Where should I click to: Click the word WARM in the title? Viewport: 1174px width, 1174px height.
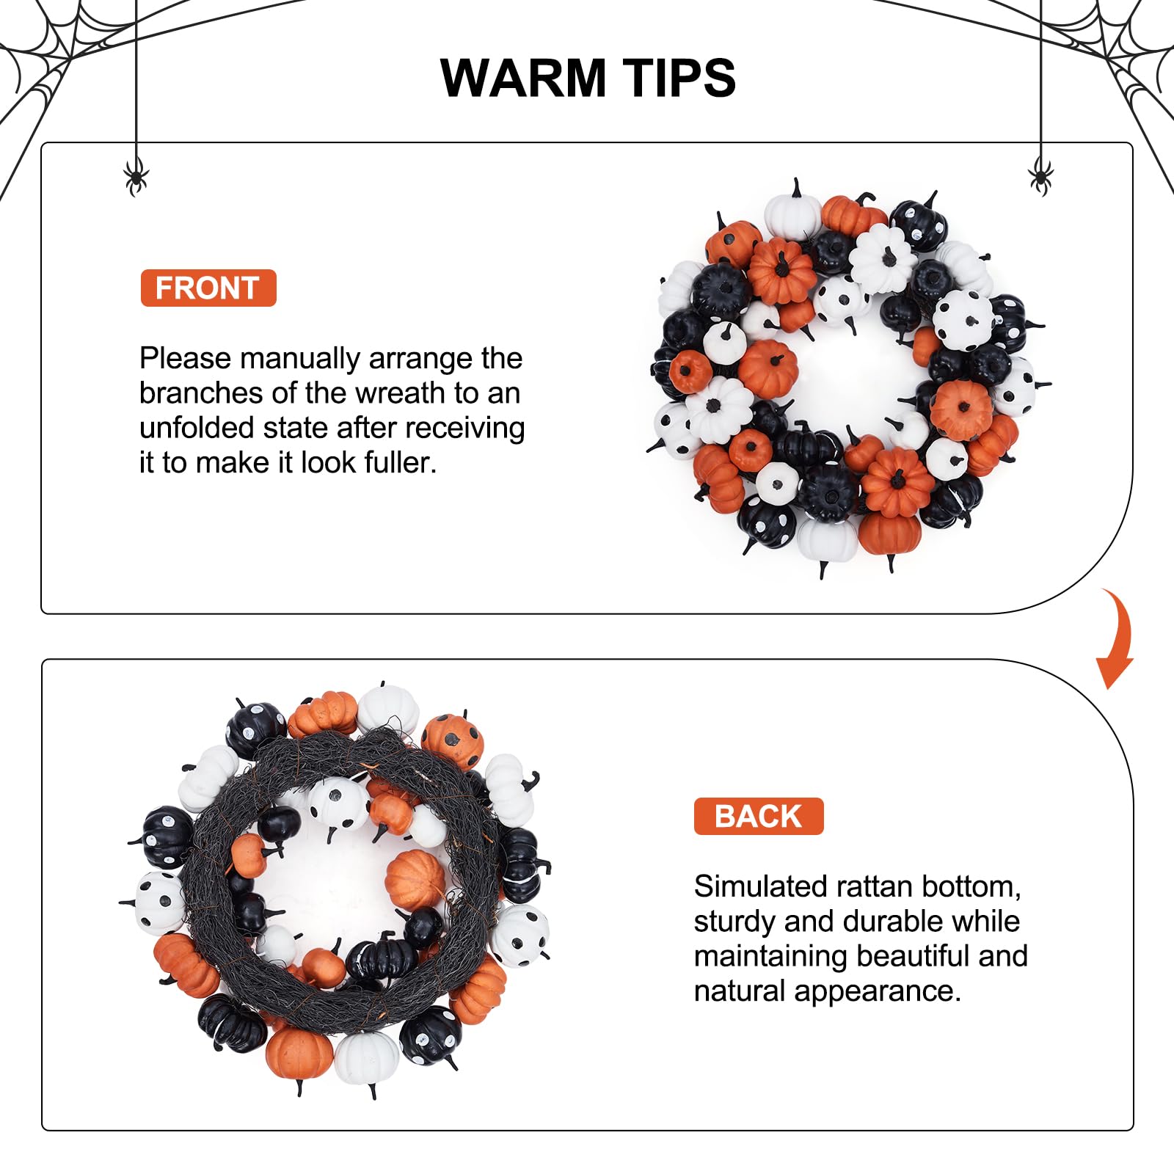coord(523,78)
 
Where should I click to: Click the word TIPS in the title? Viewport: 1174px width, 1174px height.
coord(679,78)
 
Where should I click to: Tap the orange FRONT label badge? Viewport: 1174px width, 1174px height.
coord(208,288)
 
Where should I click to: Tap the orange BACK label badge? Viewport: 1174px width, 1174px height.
coord(759,816)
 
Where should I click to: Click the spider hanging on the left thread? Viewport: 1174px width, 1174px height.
coord(136,177)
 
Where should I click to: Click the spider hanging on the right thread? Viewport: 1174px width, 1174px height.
coord(1040,177)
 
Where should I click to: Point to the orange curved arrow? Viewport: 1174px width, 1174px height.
coord(1117,638)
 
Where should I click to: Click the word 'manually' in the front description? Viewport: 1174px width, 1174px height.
coord(300,360)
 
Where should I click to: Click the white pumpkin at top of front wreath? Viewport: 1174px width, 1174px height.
coord(792,212)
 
